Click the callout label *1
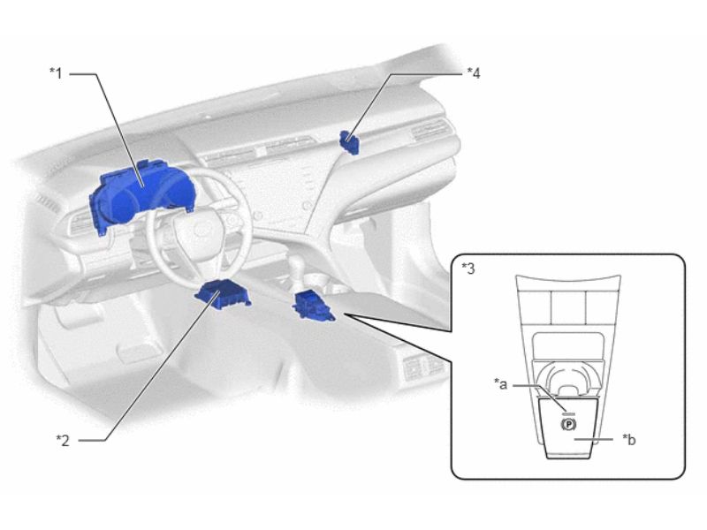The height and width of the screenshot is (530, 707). click(x=56, y=73)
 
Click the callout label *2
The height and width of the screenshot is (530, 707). click(x=63, y=440)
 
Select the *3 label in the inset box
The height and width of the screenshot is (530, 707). click(x=468, y=269)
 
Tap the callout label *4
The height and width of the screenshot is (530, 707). click(x=474, y=73)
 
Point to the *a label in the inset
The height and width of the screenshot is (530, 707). click(x=500, y=384)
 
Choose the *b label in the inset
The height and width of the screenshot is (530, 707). click(x=629, y=439)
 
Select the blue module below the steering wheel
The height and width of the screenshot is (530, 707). click(x=223, y=294)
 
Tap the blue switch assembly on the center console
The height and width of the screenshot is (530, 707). click(x=314, y=306)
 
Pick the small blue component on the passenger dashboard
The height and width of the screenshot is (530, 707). click(x=349, y=142)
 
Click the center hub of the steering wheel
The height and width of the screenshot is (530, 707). click(x=201, y=230)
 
